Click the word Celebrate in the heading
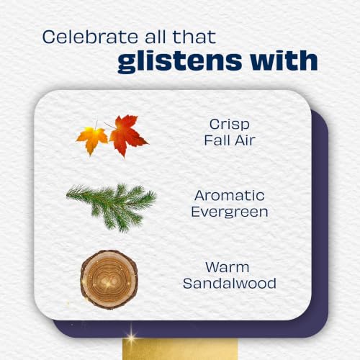point(90,37)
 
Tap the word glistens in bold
point(179,61)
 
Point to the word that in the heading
point(194,37)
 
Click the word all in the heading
point(156,37)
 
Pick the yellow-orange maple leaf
point(92,139)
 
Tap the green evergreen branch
point(112,207)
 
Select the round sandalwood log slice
point(109,279)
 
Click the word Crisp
point(230,125)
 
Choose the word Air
point(245,140)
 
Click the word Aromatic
point(230,196)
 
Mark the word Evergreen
point(230,212)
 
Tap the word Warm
point(228,267)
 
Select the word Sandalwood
point(230,284)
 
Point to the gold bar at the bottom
point(180,349)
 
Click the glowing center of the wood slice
point(108,282)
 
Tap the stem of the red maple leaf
point(110,125)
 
